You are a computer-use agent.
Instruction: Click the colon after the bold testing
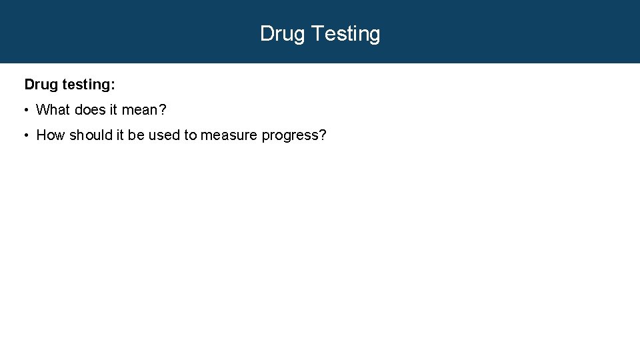tap(113, 85)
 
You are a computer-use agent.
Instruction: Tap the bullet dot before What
tap(25, 110)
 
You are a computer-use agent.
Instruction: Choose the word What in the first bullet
tap(53, 109)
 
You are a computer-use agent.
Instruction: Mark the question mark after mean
tap(162, 109)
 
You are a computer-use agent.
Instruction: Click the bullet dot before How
tap(25, 135)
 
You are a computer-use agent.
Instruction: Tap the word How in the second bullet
tap(51, 135)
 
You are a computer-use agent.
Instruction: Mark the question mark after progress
tap(323, 135)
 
